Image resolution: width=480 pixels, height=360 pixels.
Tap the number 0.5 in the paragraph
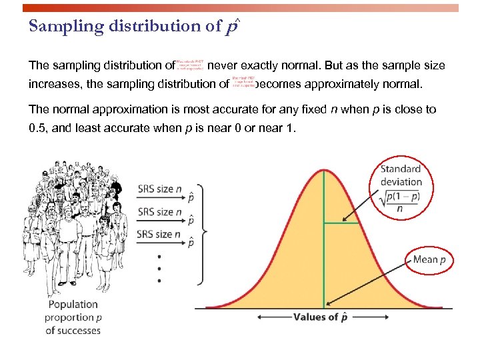[37, 128]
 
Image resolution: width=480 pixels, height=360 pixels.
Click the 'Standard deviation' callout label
[401, 175]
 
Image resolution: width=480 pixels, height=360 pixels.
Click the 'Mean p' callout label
[429, 259]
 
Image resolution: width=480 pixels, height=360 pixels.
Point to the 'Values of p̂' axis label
[320, 317]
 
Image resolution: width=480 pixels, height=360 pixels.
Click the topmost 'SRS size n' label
[159, 189]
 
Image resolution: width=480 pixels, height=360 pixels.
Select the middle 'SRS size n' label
[159, 212]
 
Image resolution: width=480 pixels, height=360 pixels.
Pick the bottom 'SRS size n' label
[159, 234]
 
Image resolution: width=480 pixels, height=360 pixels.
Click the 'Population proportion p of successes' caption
[73, 317]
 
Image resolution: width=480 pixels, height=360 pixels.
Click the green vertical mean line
[324, 267]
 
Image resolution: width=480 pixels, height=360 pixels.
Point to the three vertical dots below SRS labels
[159, 269]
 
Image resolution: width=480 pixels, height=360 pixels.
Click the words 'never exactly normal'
[267, 66]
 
